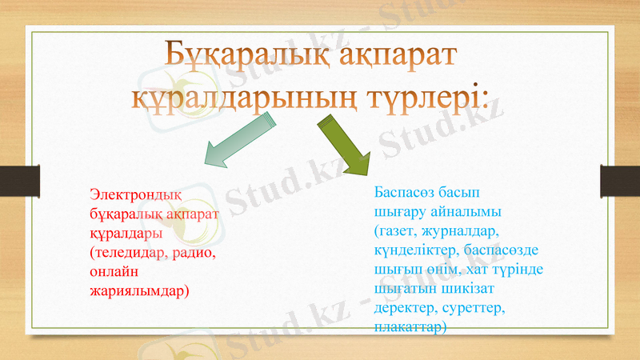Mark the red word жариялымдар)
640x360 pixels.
pos(139,290)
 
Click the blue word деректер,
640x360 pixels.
pos(408,308)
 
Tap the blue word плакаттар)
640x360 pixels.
pos(410,327)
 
